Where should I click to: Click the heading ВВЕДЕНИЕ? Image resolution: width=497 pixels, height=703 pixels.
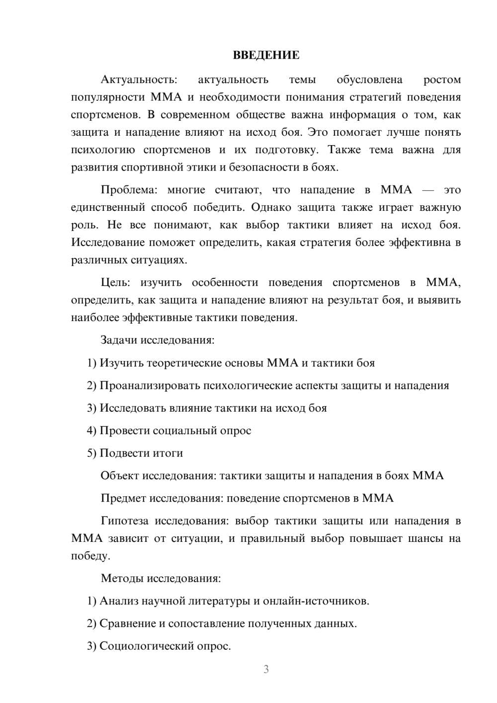266,55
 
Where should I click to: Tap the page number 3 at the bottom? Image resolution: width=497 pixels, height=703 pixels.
266,669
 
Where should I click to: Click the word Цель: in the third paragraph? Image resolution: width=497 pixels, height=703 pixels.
115,283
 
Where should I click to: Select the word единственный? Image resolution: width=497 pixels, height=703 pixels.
108,208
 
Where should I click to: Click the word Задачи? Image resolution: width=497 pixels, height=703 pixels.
119,341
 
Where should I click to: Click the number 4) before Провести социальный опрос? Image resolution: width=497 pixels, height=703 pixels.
91,431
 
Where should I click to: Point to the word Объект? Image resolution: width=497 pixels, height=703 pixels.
120,476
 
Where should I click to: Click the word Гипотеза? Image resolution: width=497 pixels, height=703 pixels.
124,522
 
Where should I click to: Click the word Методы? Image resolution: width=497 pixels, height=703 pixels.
121,579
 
